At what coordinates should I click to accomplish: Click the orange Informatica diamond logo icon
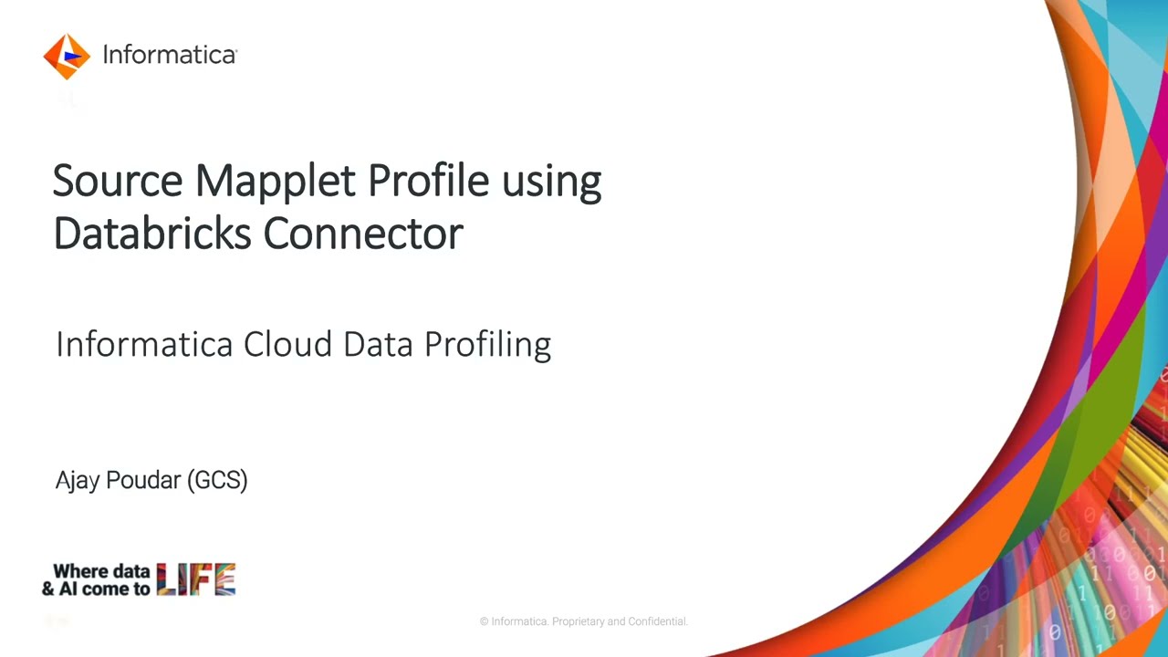click(x=67, y=56)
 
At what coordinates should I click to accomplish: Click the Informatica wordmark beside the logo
click(x=169, y=55)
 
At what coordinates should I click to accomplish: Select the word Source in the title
click(x=118, y=181)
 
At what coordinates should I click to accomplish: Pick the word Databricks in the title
click(x=152, y=234)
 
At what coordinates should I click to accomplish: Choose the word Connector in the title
click(x=363, y=234)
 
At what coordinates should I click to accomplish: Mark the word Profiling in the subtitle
click(x=487, y=345)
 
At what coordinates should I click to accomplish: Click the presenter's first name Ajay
click(x=77, y=481)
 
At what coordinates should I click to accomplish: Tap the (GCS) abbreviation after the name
click(x=217, y=480)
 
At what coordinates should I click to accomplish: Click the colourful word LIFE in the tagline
click(x=196, y=579)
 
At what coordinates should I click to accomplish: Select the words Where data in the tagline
click(x=101, y=571)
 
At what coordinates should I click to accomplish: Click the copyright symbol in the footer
click(x=485, y=621)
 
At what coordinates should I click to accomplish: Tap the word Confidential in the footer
click(x=657, y=621)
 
